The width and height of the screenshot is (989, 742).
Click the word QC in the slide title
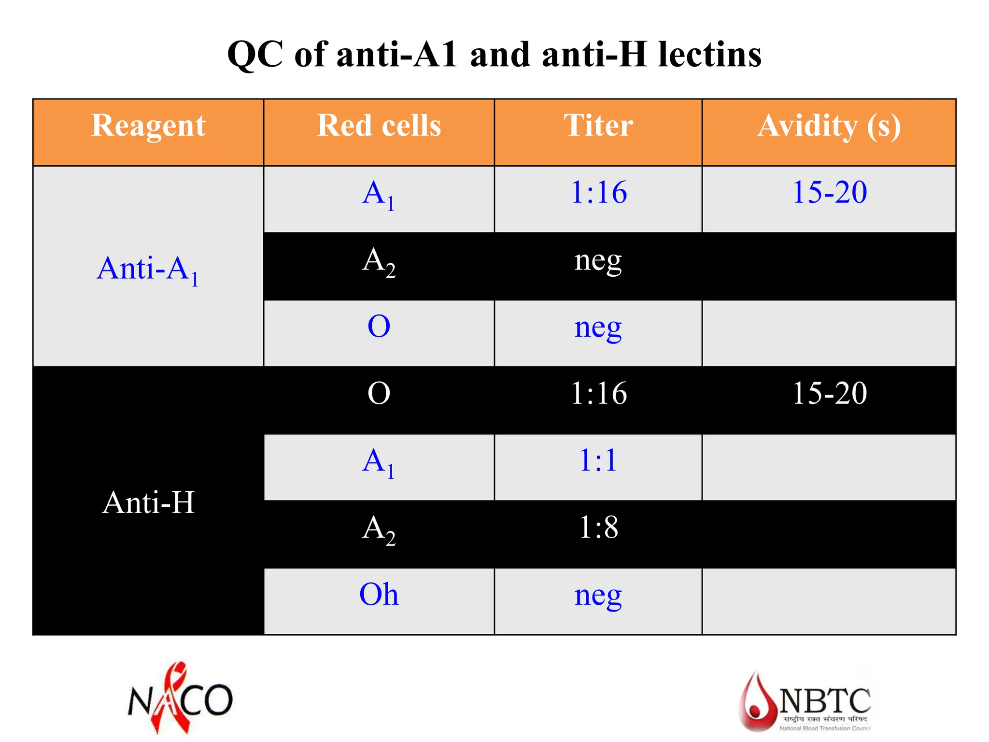pos(255,55)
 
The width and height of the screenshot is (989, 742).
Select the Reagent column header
pos(148,126)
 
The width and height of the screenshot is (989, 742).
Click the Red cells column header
pos(379,126)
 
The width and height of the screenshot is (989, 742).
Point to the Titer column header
pos(598,126)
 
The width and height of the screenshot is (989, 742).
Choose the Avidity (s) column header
pos(829,127)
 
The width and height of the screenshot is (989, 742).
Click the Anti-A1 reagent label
pos(148,269)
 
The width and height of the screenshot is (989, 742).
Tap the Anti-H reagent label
pos(148,502)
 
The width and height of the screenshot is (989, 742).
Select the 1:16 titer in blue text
pos(599,192)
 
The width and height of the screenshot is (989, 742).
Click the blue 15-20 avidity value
pos(830,192)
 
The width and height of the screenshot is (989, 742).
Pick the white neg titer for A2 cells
pos(598,261)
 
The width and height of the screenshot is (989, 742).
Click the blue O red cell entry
pos(379,327)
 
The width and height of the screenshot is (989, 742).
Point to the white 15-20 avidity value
pos(830,393)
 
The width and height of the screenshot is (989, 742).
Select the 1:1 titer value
pos(598,460)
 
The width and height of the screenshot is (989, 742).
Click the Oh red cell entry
pos(379,594)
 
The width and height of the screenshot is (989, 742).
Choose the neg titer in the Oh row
pos(598,596)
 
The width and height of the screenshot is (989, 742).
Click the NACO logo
pos(180,699)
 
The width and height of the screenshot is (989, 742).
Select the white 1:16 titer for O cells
pos(599,393)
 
